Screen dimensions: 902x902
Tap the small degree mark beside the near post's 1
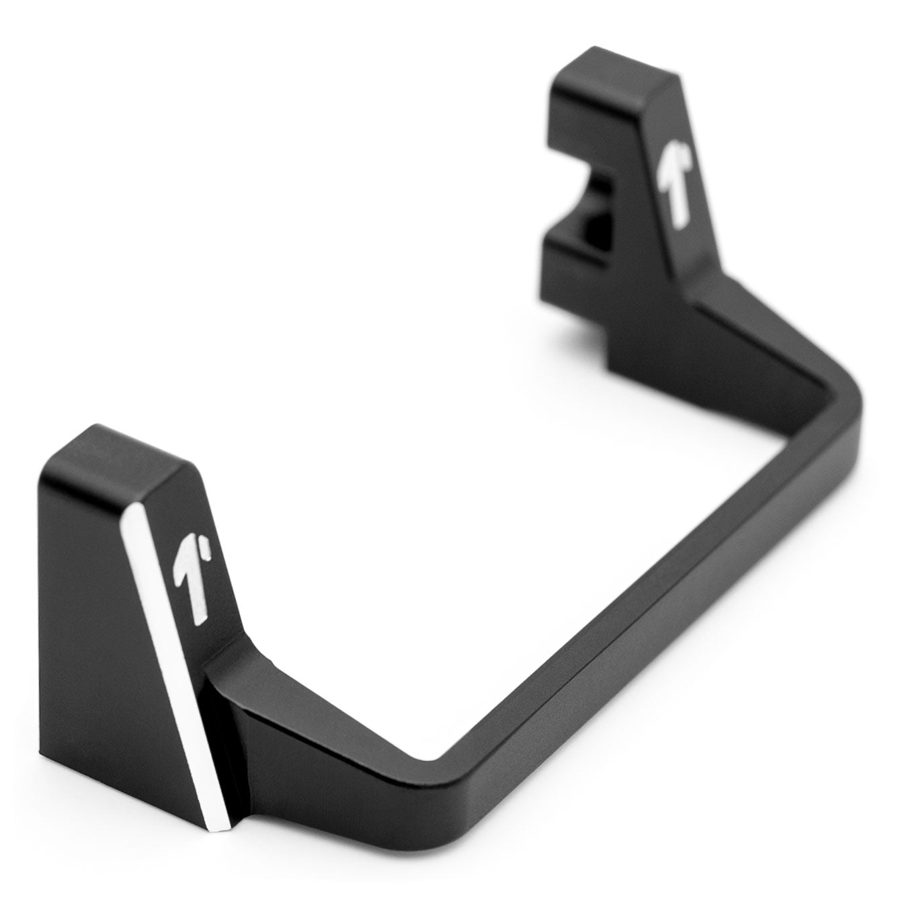coord(210,552)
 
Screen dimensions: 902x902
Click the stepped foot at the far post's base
coord(639,350)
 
